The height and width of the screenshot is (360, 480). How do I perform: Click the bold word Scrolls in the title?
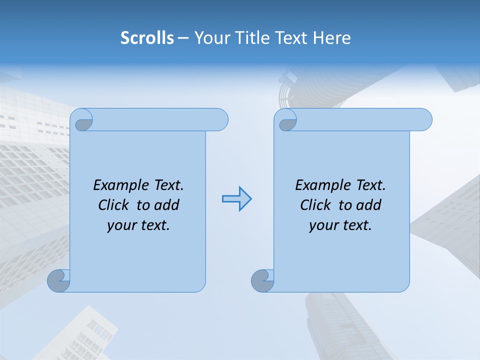tap(147, 38)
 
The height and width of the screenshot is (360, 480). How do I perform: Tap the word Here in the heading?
tap(331, 38)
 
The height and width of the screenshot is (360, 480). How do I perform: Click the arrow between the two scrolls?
tap(237, 199)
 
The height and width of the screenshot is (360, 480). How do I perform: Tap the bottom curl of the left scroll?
tap(58, 281)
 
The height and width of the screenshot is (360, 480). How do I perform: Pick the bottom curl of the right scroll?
tap(262, 281)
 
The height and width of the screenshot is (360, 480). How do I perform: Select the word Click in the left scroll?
tap(113, 205)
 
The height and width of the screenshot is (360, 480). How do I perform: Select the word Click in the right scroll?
tap(315, 205)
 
